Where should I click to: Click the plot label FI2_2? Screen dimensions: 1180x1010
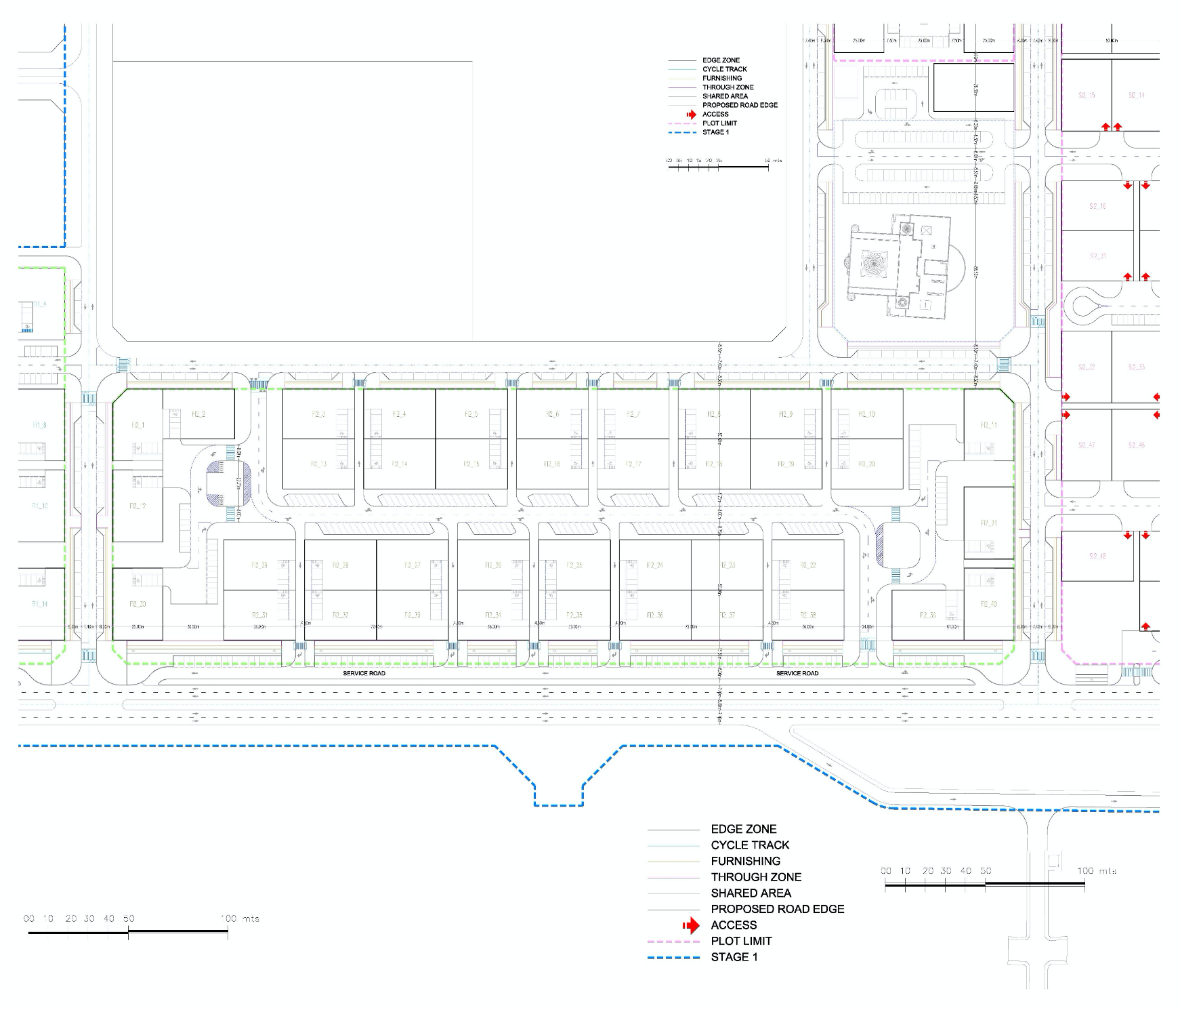pyautogui.click(x=198, y=414)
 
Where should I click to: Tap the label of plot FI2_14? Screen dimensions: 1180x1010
pyautogui.click(x=399, y=464)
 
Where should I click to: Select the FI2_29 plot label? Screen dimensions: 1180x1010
pyautogui.click(x=259, y=565)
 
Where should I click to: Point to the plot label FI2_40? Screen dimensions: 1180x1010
pyautogui.click(x=988, y=604)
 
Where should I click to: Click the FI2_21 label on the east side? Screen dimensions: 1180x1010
pyautogui.click(x=988, y=523)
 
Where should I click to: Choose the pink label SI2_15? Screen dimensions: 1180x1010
pyautogui.click(x=1087, y=96)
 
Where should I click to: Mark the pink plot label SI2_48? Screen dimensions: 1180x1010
pyautogui.click(x=1097, y=557)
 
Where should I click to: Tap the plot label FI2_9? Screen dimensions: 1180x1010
pyautogui.click(x=786, y=414)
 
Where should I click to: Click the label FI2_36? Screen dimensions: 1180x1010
pyautogui.click(x=655, y=615)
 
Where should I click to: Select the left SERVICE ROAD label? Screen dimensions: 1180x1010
pyautogui.click(x=364, y=673)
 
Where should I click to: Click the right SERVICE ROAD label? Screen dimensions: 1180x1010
pyautogui.click(x=797, y=673)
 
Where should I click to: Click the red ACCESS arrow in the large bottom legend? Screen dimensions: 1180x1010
pyautogui.click(x=690, y=925)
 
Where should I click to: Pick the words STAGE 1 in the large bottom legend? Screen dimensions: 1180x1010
pyautogui.click(x=734, y=957)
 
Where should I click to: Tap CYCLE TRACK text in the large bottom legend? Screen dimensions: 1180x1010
pyautogui.click(x=750, y=845)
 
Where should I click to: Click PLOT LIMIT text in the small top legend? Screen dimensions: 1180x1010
pyautogui.click(x=719, y=123)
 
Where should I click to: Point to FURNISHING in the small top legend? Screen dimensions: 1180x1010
pyautogui.click(x=721, y=78)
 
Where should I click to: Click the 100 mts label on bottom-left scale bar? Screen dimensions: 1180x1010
pyautogui.click(x=240, y=919)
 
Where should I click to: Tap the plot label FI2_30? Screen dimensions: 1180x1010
pyautogui.click(x=138, y=604)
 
